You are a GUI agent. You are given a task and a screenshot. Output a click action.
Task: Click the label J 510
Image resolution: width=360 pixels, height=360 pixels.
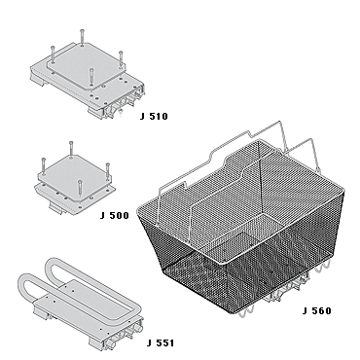click(x=154, y=117)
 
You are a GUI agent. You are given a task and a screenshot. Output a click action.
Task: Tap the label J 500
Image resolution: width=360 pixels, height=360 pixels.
click(x=115, y=216)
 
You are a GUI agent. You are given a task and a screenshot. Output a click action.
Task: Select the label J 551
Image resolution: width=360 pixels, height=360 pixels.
click(x=161, y=342)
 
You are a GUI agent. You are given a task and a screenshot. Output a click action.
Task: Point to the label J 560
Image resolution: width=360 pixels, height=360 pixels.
click(x=317, y=311)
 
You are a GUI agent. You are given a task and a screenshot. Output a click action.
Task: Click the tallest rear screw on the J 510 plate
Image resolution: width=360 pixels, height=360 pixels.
click(x=82, y=38)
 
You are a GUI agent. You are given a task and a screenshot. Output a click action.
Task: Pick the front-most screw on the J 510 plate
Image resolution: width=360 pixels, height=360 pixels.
click(x=91, y=77)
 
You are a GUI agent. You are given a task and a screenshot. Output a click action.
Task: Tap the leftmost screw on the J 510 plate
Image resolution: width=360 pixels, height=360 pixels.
click(x=53, y=54)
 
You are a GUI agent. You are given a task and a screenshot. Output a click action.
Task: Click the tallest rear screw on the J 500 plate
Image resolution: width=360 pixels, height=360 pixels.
click(x=71, y=150)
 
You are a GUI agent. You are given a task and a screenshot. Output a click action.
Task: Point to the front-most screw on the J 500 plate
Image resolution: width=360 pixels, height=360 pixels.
click(x=79, y=189)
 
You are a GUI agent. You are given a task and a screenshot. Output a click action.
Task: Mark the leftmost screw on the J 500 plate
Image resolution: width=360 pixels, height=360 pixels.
click(x=43, y=165)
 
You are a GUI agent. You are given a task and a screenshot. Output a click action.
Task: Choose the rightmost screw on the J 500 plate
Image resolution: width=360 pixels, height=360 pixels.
click(x=108, y=171)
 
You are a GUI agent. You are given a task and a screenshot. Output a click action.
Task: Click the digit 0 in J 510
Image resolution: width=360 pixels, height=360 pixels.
click(x=164, y=117)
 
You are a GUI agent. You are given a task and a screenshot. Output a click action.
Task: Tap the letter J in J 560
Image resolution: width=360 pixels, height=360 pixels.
click(x=305, y=311)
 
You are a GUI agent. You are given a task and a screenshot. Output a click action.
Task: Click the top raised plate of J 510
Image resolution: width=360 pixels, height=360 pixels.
click(x=86, y=66)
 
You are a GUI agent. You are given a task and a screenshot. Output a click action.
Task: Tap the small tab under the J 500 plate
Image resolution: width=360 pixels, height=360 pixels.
click(x=55, y=207)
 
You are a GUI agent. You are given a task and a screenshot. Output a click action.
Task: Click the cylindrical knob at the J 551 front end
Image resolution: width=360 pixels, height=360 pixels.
click(x=140, y=328)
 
